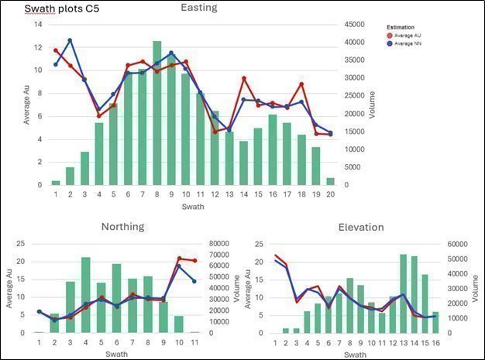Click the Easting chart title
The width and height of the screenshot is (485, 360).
[x=198, y=8]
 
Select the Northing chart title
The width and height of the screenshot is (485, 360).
[x=122, y=227]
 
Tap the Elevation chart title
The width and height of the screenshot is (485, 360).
[x=360, y=227]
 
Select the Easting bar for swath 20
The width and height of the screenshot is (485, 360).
[x=330, y=181]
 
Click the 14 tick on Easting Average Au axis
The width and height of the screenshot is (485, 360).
[x=37, y=24]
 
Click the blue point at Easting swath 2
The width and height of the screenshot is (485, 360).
[x=70, y=40]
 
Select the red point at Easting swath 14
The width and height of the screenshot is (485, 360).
[x=244, y=78]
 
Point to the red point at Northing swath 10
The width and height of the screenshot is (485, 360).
[x=179, y=259]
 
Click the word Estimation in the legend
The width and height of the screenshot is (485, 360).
[x=401, y=27]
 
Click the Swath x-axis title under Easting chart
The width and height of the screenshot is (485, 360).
[x=193, y=207]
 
